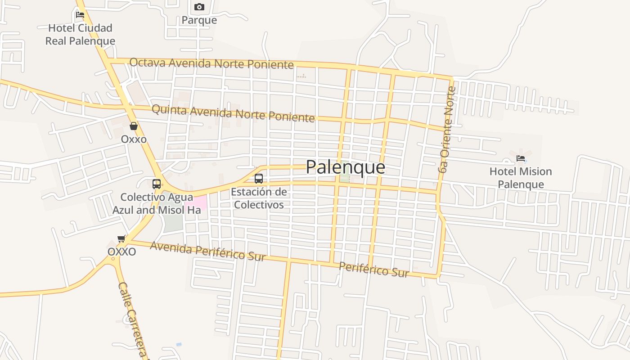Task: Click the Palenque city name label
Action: pos(345,167)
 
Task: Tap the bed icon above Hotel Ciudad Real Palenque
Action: pos(80,14)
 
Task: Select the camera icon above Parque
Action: pos(199,7)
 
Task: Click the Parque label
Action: pos(199,20)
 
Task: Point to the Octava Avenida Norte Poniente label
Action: pos(211,63)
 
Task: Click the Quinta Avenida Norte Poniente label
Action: pos(233,113)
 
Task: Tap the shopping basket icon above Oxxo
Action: pos(134,126)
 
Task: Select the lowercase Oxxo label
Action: pos(134,139)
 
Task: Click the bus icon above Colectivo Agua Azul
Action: pos(157,184)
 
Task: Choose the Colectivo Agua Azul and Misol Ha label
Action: pos(157,203)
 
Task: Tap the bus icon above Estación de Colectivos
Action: pos(259,179)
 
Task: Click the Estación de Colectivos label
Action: pos(258,198)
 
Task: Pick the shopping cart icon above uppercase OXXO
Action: pos(121,238)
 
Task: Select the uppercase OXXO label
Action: pos(121,252)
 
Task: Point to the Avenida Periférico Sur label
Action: pos(207,251)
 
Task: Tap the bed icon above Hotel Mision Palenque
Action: pos(521,158)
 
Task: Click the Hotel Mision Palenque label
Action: pos(521,178)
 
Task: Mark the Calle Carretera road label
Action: pos(133,319)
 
